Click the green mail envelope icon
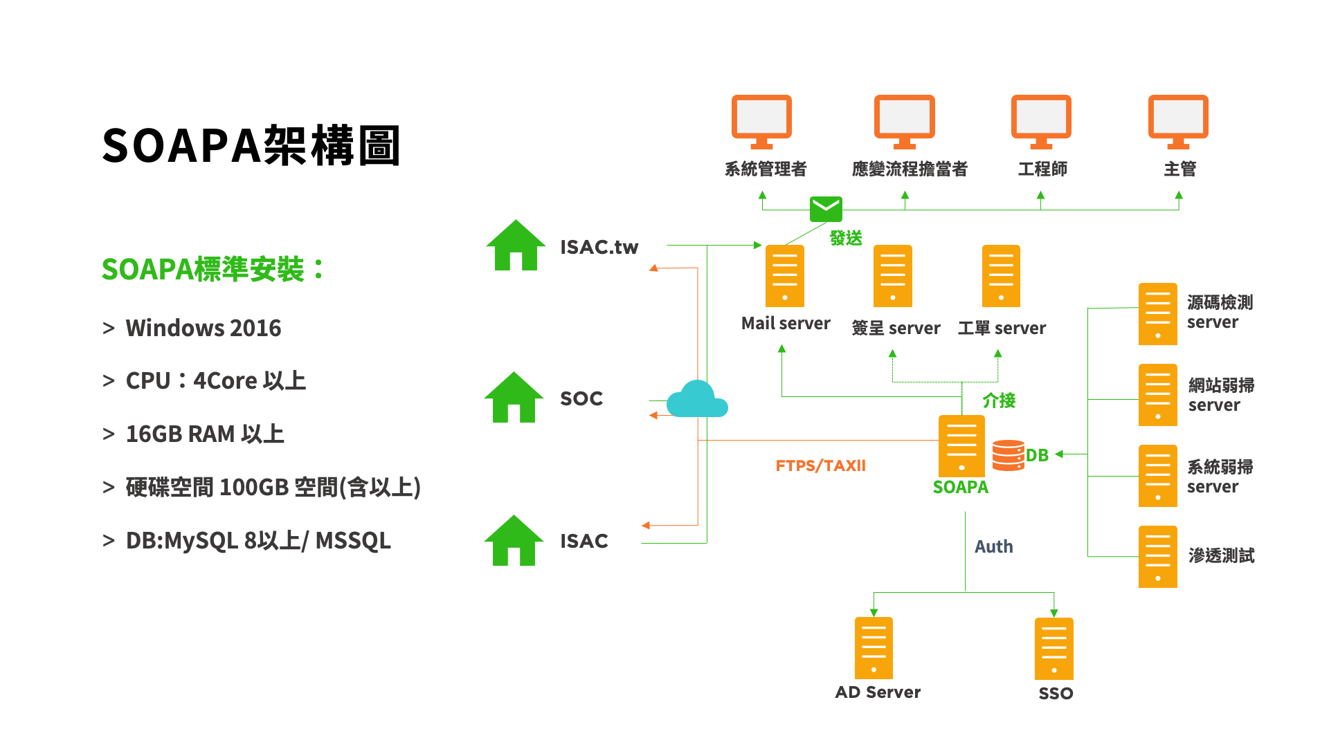pos(826,209)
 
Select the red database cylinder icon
pos(1008,455)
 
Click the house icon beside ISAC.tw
pos(516,246)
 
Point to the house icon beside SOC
pos(514,398)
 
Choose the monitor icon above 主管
pos(1178,121)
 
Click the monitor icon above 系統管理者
pos(761,121)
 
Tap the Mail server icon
pos(785,276)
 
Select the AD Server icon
pos(874,648)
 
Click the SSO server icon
pos(1054,649)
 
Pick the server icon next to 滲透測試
pos(1157,557)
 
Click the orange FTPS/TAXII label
pos(820,465)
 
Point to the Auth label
pos(993,546)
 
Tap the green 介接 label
pos(999,400)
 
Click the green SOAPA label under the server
pos(960,488)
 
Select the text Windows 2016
pos(203,328)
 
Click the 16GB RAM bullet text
pos(204,434)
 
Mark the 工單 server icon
pos(1001,276)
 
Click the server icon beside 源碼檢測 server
pos(1157,314)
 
